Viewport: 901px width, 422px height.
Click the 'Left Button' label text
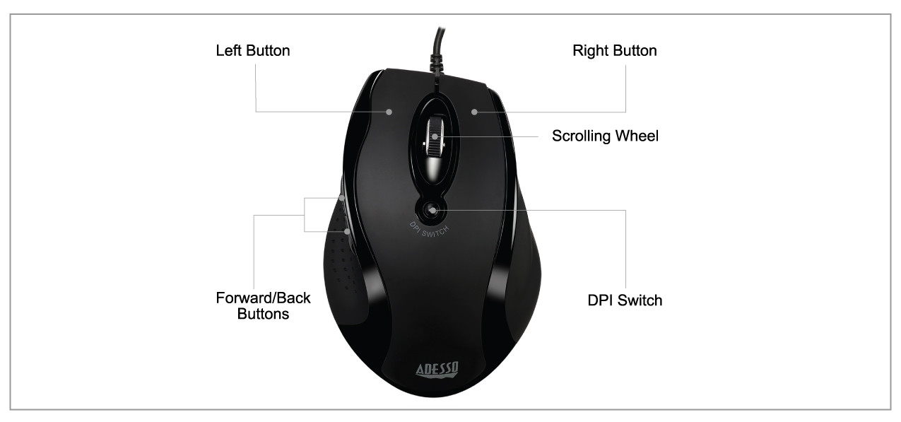point(252,51)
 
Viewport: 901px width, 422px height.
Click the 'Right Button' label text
point(614,51)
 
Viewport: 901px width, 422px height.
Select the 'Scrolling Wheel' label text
point(605,136)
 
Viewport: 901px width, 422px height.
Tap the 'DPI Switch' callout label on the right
point(625,300)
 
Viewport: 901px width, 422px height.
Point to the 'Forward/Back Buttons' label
point(263,305)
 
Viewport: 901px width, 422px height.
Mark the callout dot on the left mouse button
point(389,111)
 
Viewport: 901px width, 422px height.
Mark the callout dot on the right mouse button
point(475,111)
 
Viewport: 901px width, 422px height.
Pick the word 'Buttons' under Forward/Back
point(263,314)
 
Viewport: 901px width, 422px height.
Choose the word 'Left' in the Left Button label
point(228,51)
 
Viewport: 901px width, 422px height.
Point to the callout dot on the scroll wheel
point(434,136)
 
